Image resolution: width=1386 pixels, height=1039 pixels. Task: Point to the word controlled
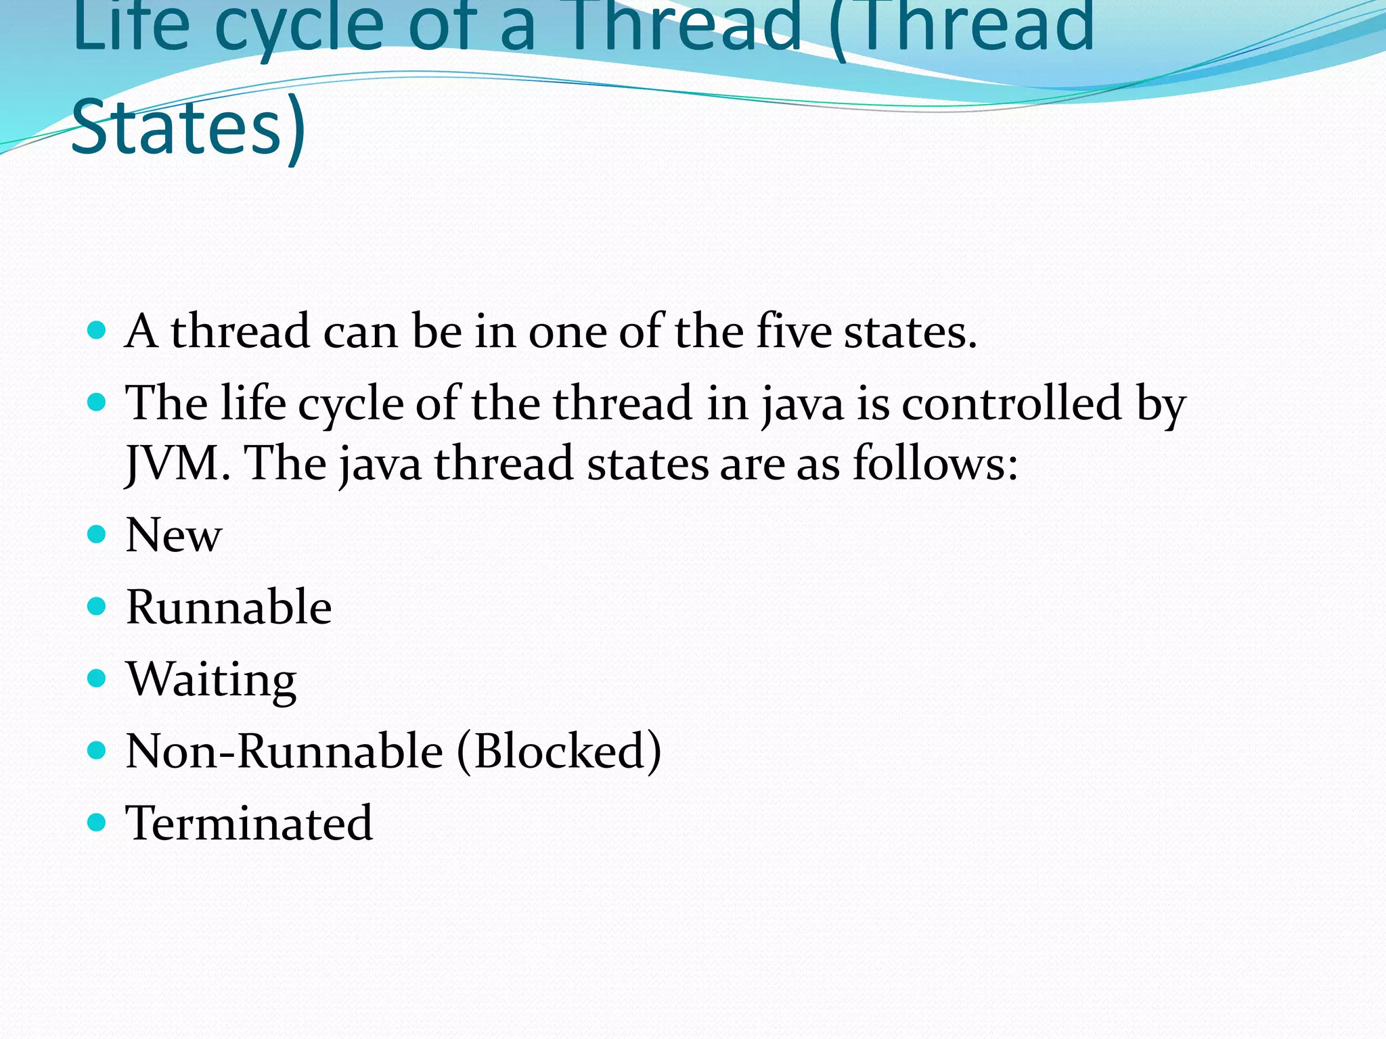click(x=1012, y=404)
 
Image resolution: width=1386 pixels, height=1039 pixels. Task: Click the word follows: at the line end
click(x=935, y=463)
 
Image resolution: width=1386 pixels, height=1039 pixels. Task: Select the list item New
click(x=173, y=535)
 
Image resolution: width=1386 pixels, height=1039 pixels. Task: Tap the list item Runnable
click(x=229, y=607)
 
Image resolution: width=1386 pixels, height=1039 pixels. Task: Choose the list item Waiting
click(x=211, y=679)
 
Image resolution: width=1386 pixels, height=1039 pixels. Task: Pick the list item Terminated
click(x=249, y=823)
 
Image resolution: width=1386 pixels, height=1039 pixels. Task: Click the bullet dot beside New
click(x=97, y=534)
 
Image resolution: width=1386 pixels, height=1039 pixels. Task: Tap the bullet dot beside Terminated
click(x=97, y=822)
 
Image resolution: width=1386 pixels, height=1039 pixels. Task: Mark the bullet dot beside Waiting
click(x=97, y=678)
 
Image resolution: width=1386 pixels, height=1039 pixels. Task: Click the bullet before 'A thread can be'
click(x=97, y=330)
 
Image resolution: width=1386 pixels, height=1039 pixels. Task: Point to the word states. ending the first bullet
click(x=910, y=331)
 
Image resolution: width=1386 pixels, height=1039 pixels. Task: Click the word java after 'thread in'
click(x=803, y=405)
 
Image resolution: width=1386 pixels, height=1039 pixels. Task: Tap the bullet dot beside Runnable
click(x=97, y=606)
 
